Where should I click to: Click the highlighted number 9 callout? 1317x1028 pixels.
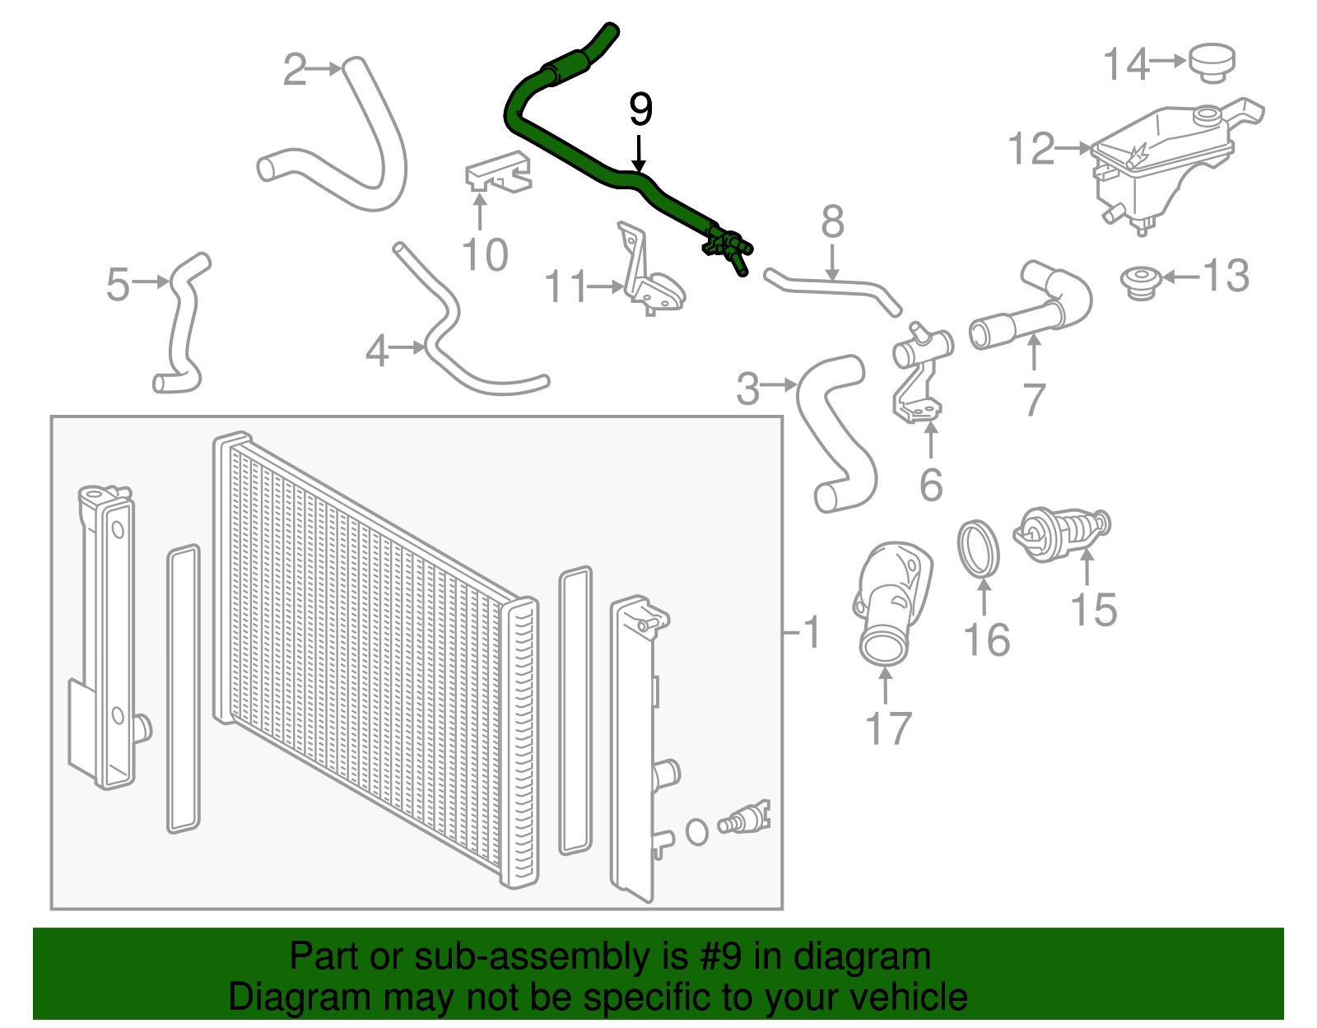pos(640,109)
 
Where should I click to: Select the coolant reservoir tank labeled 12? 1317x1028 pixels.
pos(1161,165)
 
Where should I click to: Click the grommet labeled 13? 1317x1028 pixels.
pos(1142,282)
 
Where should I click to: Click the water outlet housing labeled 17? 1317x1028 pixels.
pos(891,601)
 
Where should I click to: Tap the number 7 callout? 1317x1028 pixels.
pos(1034,400)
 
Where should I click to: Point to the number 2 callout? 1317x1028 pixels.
pos(294,70)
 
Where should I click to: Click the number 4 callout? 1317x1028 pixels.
pos(377,351)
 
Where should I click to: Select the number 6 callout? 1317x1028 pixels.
pos(931,485)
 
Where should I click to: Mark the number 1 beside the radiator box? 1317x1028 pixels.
pos(812,632)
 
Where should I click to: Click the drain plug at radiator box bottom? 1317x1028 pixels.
pos(743,819)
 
